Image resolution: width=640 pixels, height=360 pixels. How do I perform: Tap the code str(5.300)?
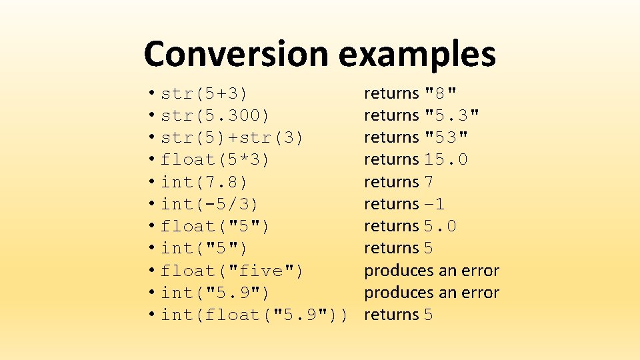215,115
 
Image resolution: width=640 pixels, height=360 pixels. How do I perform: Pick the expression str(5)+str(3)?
232,137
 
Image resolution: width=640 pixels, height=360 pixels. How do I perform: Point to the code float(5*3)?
215,159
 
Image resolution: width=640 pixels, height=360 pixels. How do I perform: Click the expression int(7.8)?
204,181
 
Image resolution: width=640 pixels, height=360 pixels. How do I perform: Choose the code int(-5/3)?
210,203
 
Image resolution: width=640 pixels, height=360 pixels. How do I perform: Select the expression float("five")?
232,270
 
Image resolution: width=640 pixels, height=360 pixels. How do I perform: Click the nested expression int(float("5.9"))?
254,314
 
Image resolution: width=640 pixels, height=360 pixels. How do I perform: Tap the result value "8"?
441,93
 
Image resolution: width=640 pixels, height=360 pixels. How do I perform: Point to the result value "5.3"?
451,115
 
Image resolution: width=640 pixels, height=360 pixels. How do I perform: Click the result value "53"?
446,137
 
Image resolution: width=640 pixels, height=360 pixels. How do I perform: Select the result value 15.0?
446,159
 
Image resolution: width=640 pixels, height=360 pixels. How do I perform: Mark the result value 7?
429,181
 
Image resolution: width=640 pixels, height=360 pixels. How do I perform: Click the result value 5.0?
440,226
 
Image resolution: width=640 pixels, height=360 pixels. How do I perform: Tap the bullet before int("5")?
153,248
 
